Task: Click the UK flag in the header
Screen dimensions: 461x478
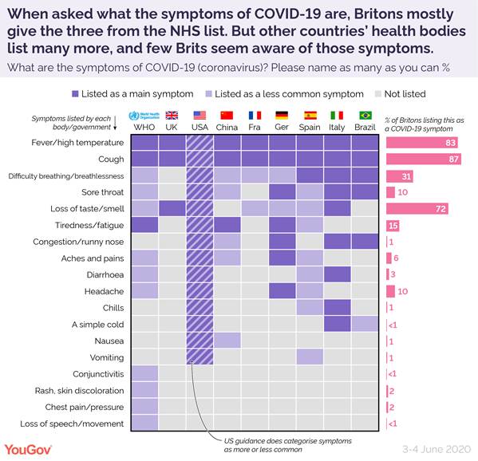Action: click(172, 115)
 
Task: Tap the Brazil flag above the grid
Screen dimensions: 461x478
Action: click(366, 115)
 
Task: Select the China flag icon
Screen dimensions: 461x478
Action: click(227, 115)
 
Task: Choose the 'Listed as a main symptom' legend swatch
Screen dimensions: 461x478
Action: click(76, 93)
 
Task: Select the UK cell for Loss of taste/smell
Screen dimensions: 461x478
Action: click(172, 209)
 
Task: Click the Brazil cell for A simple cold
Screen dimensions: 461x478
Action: click(366, 324)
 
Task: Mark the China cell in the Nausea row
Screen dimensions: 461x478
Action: click(227, 341)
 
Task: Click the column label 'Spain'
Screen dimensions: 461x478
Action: click(310, 127)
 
